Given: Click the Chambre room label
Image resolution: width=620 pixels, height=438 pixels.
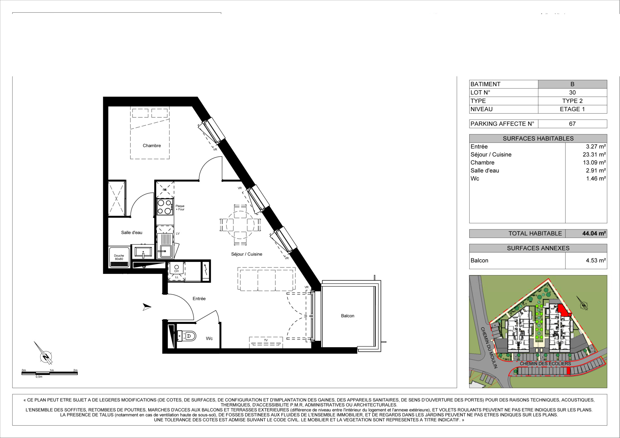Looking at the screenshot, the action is click(152, 146).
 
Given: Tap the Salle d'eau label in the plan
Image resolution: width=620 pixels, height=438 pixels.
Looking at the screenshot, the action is click(132, 232).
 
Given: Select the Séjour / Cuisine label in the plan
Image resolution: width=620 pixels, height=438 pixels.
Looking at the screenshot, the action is click(247, 254).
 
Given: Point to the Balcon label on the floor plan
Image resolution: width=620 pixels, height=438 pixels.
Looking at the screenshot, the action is click(348, 316).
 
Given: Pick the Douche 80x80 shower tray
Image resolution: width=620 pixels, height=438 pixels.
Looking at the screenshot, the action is click(119, 257).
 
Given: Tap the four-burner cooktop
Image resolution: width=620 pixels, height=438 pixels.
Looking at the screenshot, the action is click(165, 207).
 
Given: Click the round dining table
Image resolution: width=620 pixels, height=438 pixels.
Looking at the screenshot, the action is click(240, 225).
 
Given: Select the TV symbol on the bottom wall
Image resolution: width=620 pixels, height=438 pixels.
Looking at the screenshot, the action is click(266, 342).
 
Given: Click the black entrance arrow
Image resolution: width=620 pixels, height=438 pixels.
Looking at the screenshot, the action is click(147, 307).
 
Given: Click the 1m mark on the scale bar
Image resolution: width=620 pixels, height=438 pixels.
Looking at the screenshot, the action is click(52, 370).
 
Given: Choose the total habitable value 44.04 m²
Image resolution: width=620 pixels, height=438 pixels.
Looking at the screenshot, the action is click(594, 233).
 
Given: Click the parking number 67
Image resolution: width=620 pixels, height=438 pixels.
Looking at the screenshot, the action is click(572, 124).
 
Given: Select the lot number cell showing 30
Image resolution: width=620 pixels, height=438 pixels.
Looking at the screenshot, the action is click(572, 93).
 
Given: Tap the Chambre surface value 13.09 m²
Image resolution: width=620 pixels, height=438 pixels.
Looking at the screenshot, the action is click(594, 163).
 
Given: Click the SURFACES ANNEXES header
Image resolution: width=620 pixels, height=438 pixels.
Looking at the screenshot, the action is click(538, 248).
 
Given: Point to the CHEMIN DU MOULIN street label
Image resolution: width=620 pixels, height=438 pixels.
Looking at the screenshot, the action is click(489, 348).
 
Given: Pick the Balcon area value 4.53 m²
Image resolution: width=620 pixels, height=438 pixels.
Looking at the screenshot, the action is click(596, 261).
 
